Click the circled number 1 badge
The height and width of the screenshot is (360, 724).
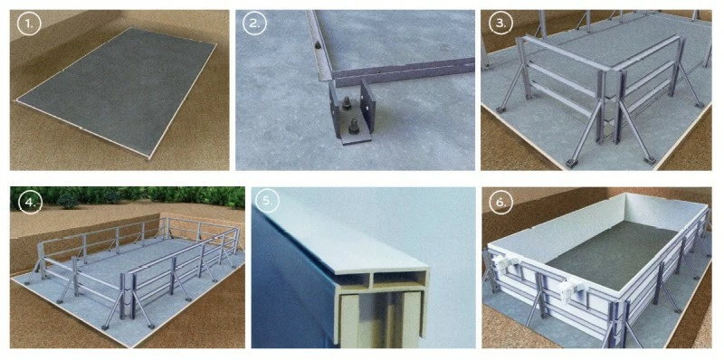pyautogui.click(x=29, y=24)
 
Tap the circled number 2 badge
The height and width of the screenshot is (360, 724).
pyautogui.click(x=255, y=24)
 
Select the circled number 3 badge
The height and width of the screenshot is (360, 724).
pyautogui.click(x=501, y=24)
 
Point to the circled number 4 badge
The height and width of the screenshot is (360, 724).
pyautogui.click(x=30, y=201)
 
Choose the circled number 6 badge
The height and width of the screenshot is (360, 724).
pyautogui.click(x=501, y=202)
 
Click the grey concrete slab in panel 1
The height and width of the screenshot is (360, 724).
pyautogui.click(x=118, y=90)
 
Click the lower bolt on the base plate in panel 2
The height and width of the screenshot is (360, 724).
pyautogui.click(x=354, y=126)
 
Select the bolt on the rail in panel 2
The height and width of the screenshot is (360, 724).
pyautogui.click(x=318, y=46)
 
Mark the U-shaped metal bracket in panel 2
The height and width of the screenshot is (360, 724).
pyautogui.click(x=352, y=113)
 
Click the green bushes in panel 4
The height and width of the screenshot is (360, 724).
pyautogui.click(x=128, y=196)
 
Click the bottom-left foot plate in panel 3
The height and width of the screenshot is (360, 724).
pyautogui.click(x=571, y=163)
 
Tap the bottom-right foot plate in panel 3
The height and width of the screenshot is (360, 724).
pyautogui.click(x=649, y=160)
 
